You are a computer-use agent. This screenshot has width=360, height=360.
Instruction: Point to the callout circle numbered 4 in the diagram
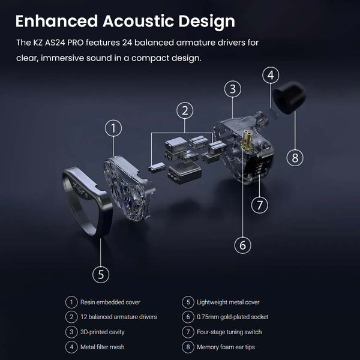(271, 76)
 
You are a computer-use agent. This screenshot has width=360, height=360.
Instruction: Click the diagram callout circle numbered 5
(101, 274)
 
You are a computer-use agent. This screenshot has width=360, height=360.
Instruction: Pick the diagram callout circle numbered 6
(242, 245)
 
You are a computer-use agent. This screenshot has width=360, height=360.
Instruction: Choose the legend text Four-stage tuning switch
(229, 332)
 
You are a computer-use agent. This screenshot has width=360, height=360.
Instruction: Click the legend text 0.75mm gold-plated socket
(233, 317)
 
